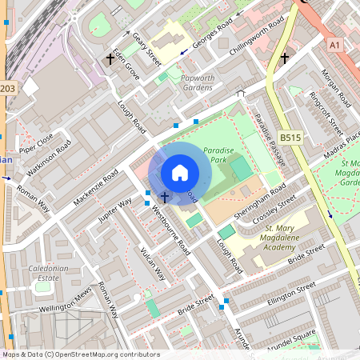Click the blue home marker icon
(x=180, y=173)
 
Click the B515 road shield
(x=290, y=138)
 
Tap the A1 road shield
(x=335, y=46)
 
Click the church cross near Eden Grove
(x=110, y=59)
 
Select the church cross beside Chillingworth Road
(x=284, y=58)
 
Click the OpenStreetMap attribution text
(x=81, y=354)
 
